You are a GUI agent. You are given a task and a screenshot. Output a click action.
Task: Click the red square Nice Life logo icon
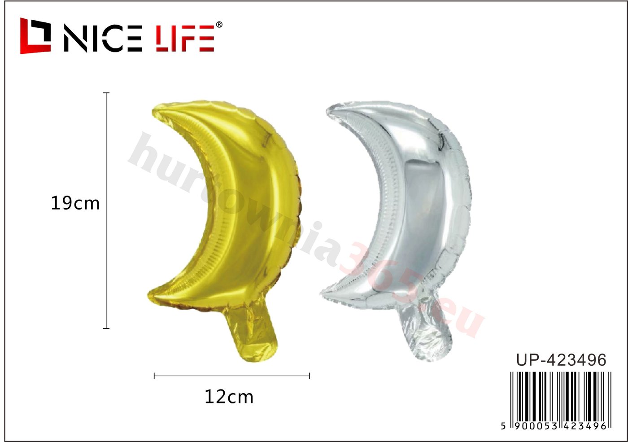[x=35, y=35]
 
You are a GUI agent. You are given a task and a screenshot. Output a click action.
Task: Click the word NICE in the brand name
[x=103, y=39]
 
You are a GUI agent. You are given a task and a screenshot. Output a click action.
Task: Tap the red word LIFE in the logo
[x=185, y=39]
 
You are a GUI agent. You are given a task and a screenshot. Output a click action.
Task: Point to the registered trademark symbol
[x=219, y=25]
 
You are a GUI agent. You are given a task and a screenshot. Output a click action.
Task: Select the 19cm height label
[x=75, y=203]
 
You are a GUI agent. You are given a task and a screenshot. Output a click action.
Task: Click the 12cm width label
[x=229, y=397]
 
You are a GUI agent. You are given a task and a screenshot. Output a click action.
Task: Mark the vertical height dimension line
[x=106, y=210]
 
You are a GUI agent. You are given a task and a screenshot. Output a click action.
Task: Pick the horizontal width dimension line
[x=232, y=376]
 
